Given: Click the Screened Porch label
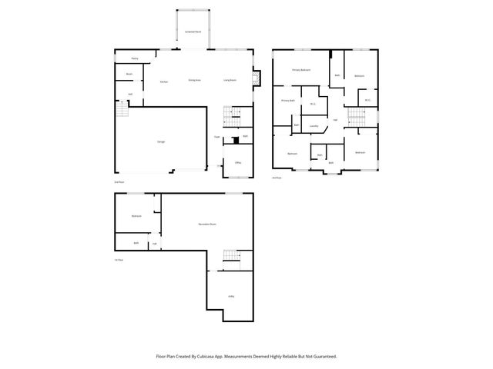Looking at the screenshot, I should point(193,32).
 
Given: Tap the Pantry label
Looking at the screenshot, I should point(134,58).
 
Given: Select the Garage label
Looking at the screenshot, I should point(161,141).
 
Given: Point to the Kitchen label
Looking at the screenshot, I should point(164,81).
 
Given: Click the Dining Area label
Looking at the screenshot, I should point(195,80).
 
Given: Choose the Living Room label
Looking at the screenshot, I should point(230,80).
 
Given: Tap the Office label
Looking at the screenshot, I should point(238,163).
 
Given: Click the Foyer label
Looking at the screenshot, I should point(218,137).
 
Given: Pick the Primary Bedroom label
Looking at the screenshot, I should point(301,70).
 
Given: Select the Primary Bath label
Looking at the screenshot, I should point(287,101).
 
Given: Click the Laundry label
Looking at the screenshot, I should point(314,125).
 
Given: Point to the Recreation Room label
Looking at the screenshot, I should point(206,224).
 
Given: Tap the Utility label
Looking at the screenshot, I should point(231,296).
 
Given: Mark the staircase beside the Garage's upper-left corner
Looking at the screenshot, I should point(121,111).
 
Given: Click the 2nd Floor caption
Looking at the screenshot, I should point(119,182).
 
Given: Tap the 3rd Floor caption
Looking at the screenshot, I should point(277,178).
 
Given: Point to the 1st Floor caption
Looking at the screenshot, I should point(119,259).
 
